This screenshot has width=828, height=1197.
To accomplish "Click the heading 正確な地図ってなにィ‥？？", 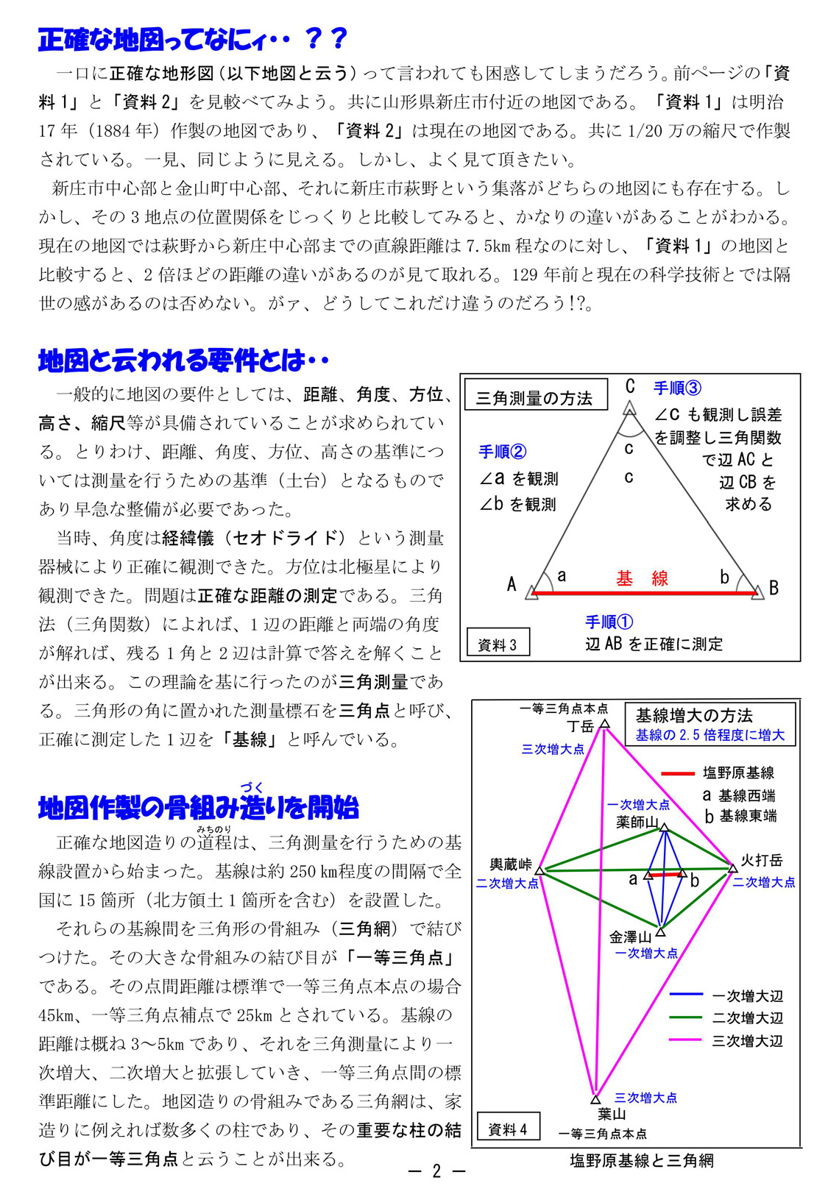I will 193,40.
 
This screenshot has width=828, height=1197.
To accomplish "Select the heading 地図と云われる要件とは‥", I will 183,360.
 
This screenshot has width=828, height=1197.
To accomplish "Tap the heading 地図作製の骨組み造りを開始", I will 199,808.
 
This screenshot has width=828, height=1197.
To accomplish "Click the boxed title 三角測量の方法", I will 534,398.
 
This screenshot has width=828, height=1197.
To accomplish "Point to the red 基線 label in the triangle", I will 642,578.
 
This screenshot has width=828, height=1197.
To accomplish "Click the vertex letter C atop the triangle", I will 630,386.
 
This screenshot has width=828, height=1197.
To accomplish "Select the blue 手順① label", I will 609,622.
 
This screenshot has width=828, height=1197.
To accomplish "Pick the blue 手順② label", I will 503,452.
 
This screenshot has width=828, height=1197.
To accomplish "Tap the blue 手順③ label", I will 677,388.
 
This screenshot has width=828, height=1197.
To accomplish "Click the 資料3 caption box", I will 498,644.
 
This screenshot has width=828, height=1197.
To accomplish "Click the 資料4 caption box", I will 508,1129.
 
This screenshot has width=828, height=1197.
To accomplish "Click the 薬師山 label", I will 637,822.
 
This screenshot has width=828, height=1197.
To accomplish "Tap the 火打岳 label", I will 761,860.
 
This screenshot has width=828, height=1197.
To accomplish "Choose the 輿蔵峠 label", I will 511,864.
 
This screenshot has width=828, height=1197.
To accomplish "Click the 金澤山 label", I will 630,937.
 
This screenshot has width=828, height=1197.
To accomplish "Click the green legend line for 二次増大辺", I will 686,1018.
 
